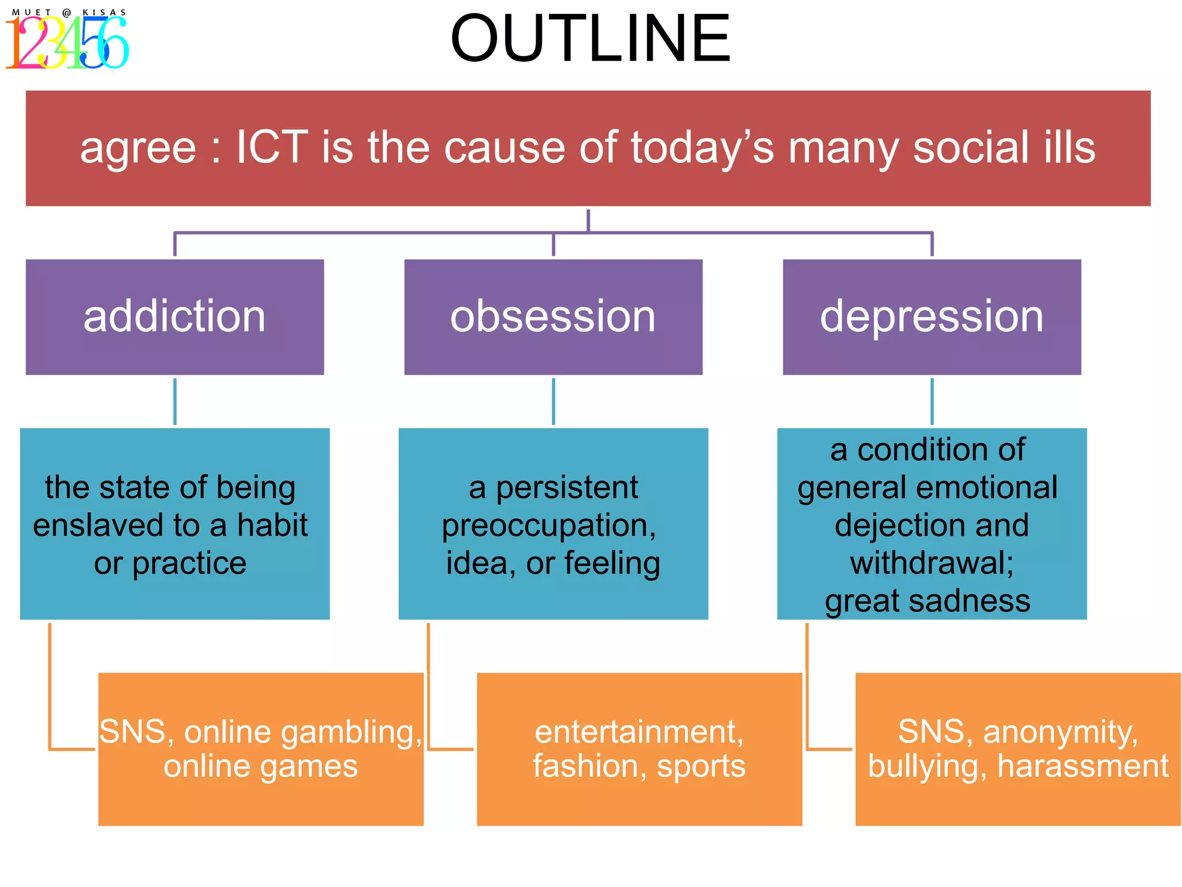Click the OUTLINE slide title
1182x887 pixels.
tap(590, 39)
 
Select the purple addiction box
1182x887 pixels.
tap(175, 317)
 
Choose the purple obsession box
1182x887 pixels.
tap(553, 317)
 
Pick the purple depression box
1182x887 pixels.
tap(932, 317)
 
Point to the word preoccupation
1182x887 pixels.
tap(548, 526)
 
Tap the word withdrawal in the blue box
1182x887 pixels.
tap(931, 563)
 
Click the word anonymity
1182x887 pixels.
tap(1060, 732)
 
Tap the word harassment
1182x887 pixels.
tap(1083, 766)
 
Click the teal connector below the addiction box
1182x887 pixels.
tap(175, 401)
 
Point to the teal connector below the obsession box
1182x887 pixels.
tap(553, 401)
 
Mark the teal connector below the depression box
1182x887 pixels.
tap(932, 401)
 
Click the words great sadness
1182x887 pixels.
tap(927, 601)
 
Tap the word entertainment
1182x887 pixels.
tap(639, 732)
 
